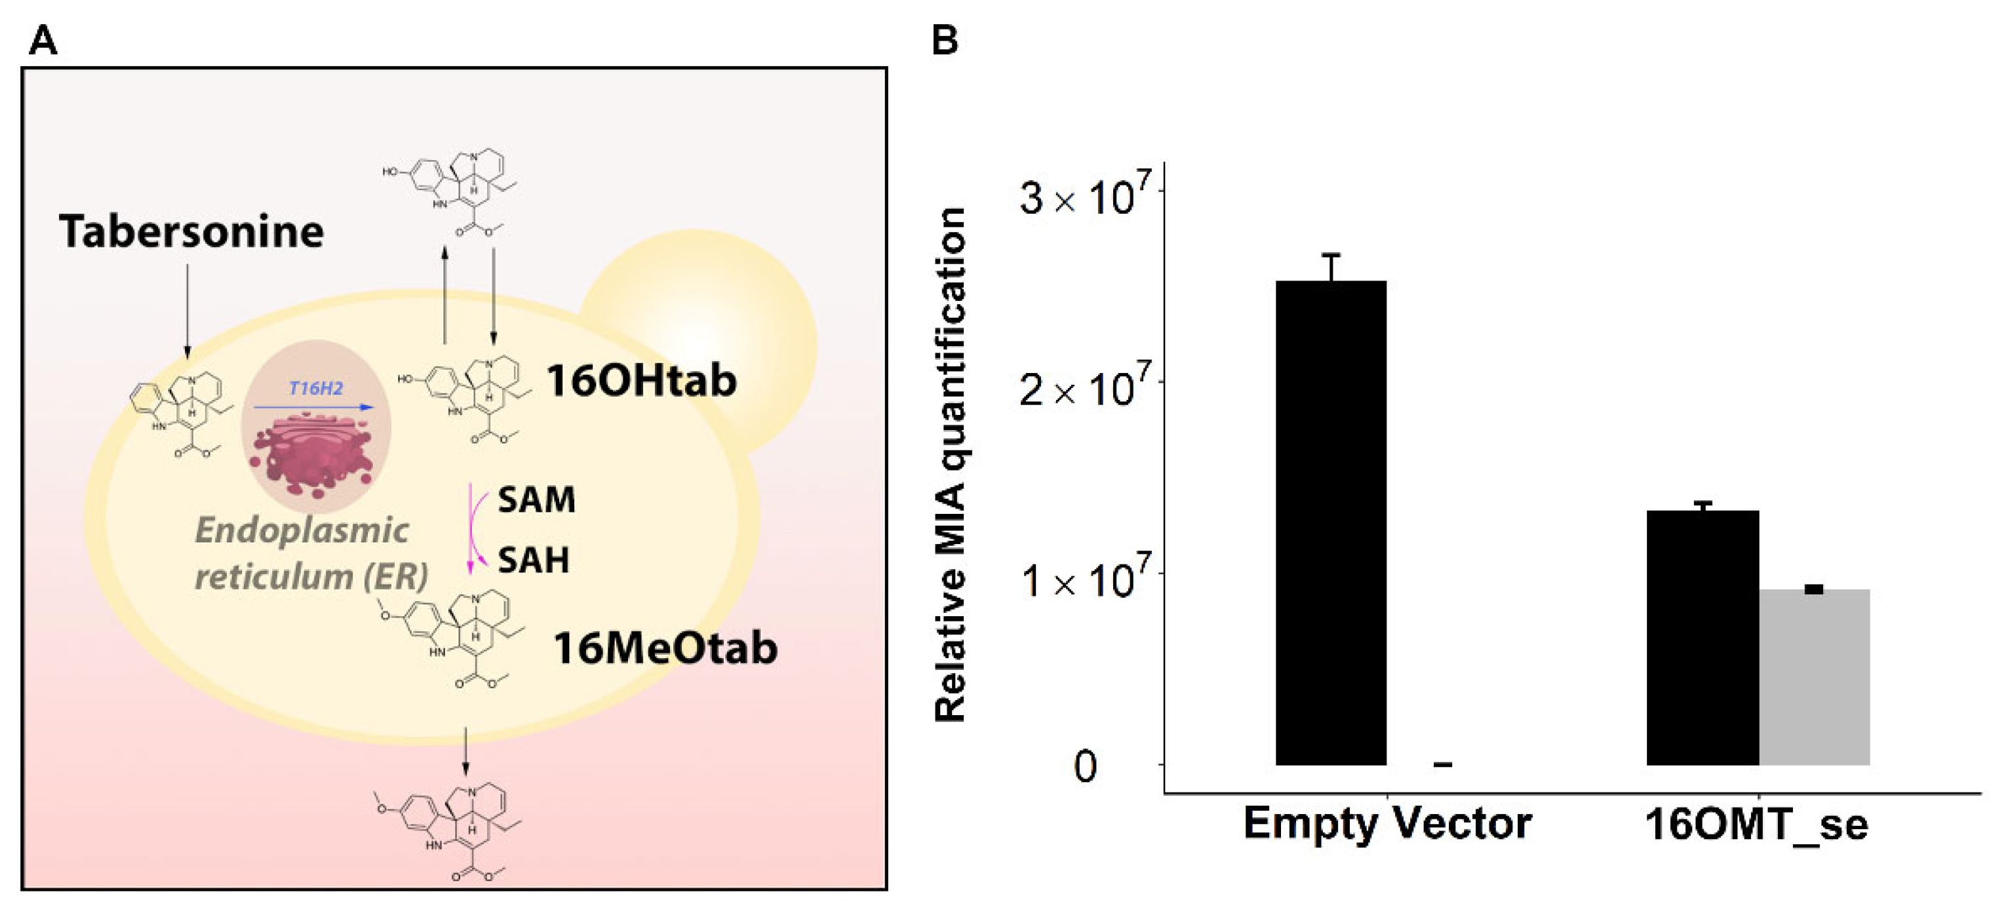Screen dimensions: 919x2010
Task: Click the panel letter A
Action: point(42,41)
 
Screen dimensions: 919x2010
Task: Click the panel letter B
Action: point(944,39)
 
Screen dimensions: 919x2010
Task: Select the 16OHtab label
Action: point(640,381)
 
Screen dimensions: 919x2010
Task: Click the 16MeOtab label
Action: point(665,648)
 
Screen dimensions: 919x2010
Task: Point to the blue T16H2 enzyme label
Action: point(315,388)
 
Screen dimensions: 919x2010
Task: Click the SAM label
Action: point(536,499)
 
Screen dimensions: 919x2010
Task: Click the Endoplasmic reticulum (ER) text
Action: point(310,554)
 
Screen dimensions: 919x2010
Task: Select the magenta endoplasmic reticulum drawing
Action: point(316,456)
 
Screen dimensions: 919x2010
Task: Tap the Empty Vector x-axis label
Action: point(1387,823)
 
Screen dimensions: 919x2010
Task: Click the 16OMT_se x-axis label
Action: point(1756,824)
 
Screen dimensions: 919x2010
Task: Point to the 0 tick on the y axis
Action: point(1084,766)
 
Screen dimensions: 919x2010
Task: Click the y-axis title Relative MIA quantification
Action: point(951,465)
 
